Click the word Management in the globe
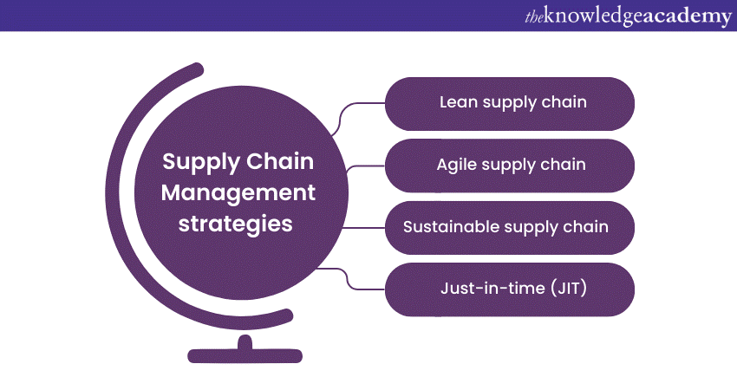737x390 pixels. (x=226, y=192)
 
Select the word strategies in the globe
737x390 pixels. (x=235, y=223)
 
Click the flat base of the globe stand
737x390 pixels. (x=245, y=355)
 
